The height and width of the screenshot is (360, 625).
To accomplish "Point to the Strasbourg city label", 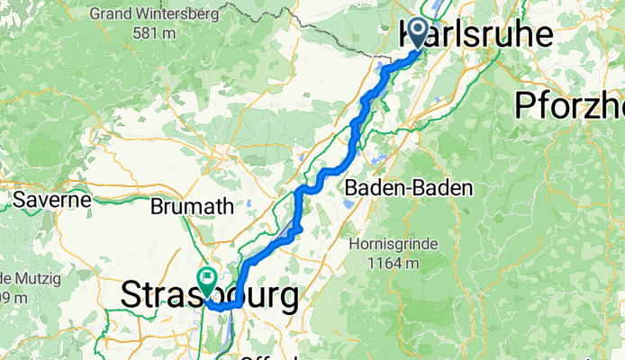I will tap(209, 296).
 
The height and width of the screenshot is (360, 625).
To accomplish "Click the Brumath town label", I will tap(192, 206).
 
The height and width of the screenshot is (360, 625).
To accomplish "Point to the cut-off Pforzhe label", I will tap(570, 105).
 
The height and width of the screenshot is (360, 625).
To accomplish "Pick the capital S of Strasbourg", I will tap(131, 296).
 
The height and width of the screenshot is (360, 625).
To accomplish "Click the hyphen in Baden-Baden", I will tap(399, 189).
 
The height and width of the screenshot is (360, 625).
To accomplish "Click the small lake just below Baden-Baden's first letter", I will tap(347, 203).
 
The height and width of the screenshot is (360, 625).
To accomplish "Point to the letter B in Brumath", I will tap(157, 206).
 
